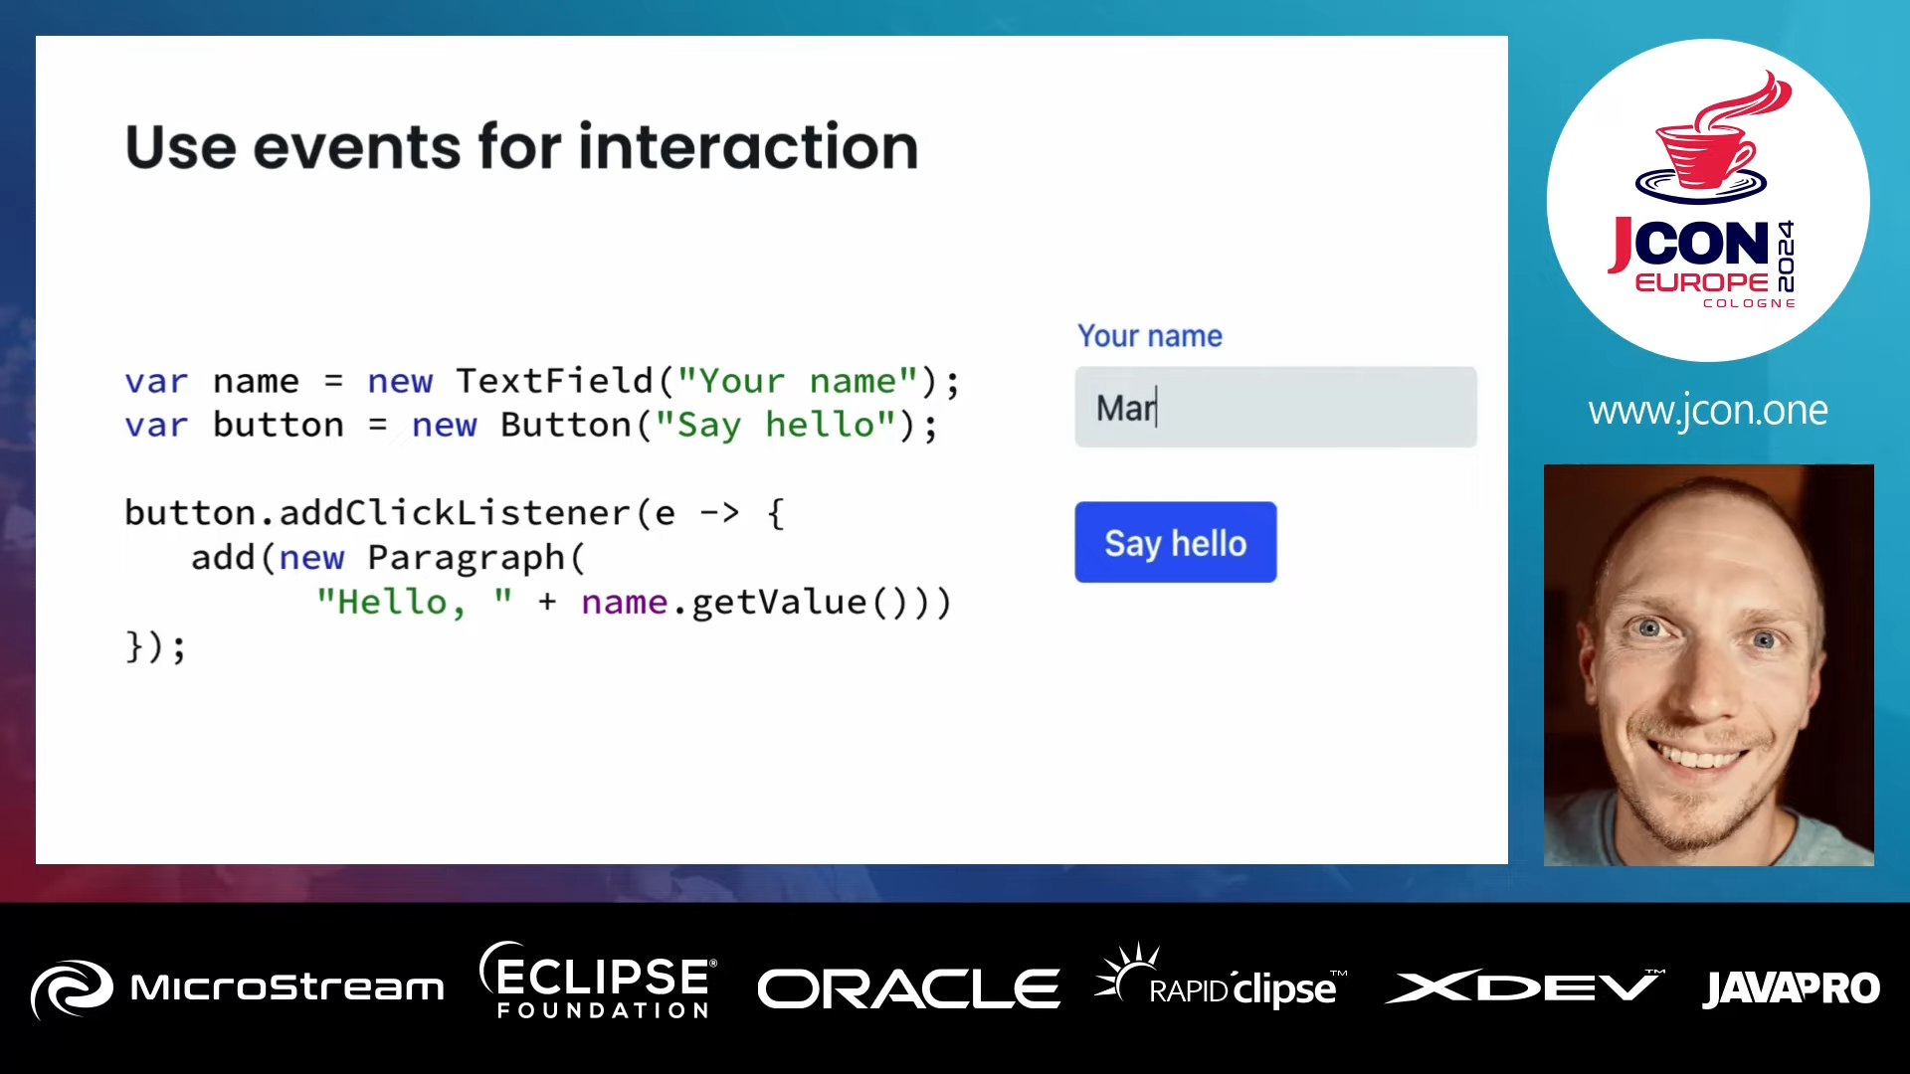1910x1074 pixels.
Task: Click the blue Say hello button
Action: click(x=1175, y=542)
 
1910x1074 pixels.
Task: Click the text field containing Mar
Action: click(x=1275, y=407)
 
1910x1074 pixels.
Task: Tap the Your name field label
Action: click(x=1149, y=336)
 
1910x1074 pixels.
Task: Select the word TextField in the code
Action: click(x=554, y=381)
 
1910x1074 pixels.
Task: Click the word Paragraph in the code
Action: click(x=466, y=557)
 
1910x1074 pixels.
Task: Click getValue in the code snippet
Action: click(x=778, y=602)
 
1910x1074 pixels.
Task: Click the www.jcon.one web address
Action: click(x=1707, y=410)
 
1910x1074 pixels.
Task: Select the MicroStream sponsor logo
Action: click(x=237, y=987)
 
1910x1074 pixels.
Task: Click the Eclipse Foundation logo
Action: click(x=599, y=982)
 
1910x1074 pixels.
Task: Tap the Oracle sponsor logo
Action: click(x=907, y=988)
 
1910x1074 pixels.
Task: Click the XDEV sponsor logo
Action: click(x=1523, y=986)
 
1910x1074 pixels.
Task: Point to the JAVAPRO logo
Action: click(x=1791, y=988)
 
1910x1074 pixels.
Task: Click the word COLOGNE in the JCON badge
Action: click(x=1749, y=303)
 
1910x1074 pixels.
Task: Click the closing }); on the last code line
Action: click(x=155, y=646)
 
